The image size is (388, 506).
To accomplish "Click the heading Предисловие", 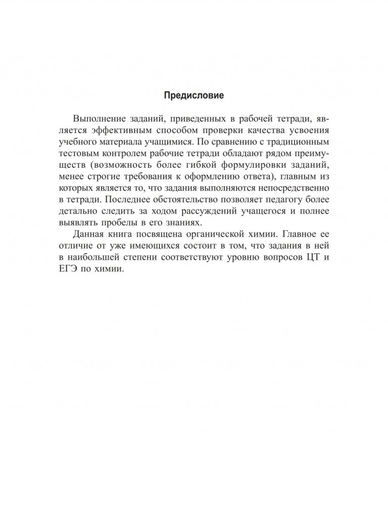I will pos(193,95).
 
